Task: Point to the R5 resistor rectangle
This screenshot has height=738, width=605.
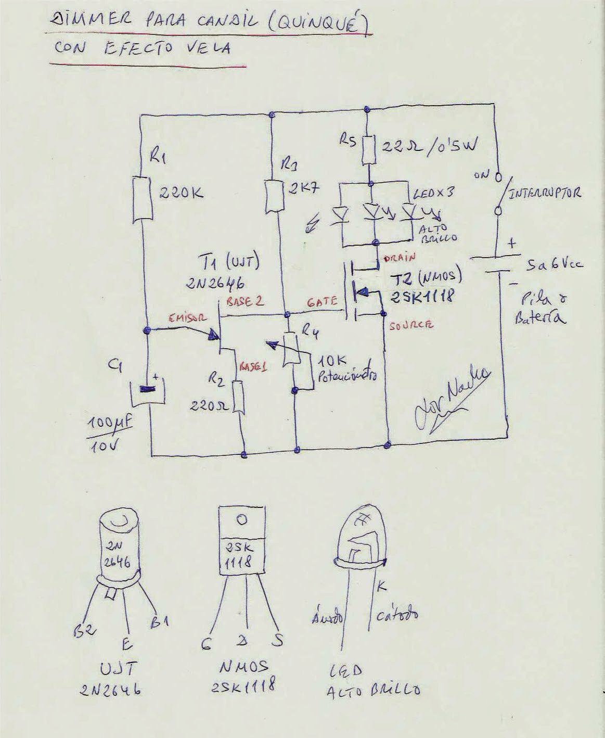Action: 369,149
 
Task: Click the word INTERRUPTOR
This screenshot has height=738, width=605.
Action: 544,193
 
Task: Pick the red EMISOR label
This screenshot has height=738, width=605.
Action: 188,318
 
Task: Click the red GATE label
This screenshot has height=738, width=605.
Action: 323,301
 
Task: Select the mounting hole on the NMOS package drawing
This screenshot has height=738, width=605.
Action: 241,519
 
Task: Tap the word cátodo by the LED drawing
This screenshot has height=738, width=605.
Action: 397,616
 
